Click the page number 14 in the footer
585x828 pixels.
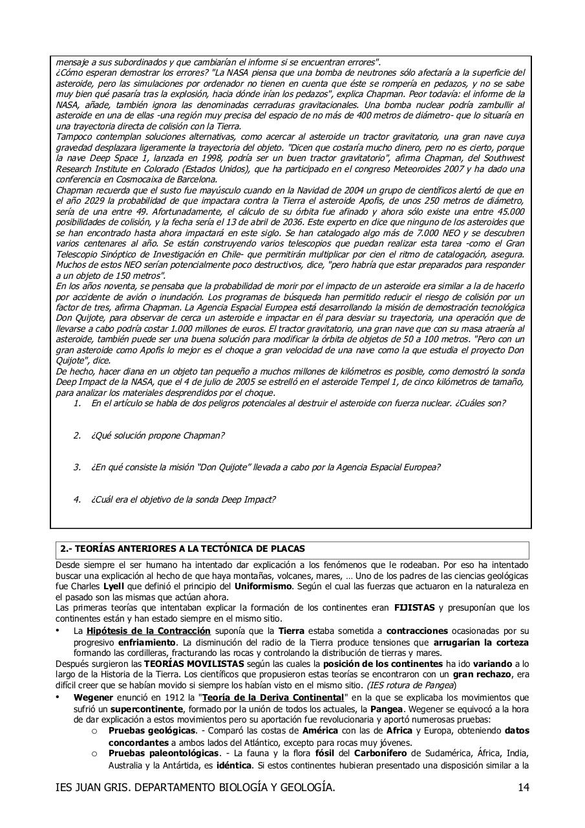click(524, 805)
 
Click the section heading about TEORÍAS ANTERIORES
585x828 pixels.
click(182, 549)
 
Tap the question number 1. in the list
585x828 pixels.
click(77, 403)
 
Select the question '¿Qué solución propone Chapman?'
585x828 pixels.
click(158, 435)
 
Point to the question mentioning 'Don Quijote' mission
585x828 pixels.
click(265, 467)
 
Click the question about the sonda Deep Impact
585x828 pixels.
click(183, 499)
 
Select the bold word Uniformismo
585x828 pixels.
click(259, 587)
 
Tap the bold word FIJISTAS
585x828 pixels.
click(414, 608)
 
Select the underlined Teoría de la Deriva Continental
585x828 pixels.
click(272, 697)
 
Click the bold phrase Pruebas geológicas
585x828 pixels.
click(152, 730)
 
